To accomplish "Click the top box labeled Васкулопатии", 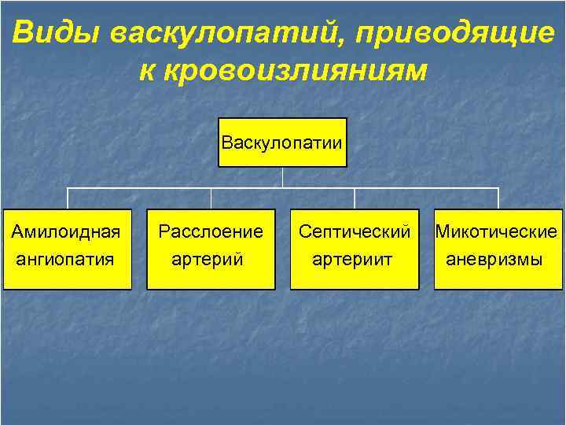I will click(282, 142).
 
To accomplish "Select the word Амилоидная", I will click(66, 231).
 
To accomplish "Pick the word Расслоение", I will click(210, 231).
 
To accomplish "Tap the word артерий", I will click(208, 258).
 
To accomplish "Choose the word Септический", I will click(355, 231).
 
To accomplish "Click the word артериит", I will click(354, 258).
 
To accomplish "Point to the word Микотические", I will click(498, 231).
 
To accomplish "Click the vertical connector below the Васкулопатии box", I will click(282, 177).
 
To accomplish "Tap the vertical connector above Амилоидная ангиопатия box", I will click(67, 198).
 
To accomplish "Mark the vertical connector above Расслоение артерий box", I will click(211, 198).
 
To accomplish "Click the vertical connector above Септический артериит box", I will click(355, 198).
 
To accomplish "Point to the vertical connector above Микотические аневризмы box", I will click(498, 198).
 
